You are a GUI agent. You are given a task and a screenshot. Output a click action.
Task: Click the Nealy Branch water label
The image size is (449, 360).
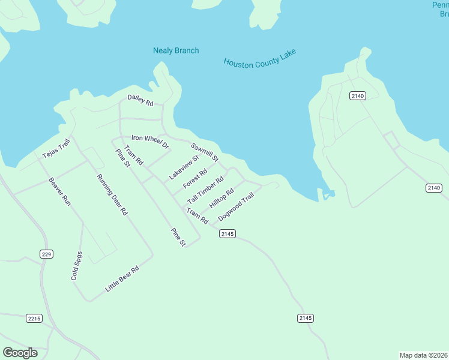coord(176,50)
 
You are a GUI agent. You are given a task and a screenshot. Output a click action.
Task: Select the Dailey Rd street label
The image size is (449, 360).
coord(140,100)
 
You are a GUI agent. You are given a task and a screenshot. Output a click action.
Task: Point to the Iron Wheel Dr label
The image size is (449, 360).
coord(151,142)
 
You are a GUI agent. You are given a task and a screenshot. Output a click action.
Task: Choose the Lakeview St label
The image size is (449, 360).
coord(184,167)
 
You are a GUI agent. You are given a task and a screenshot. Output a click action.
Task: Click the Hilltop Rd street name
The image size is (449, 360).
coord(221,199)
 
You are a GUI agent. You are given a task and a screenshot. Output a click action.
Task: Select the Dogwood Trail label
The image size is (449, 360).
coord(240,206)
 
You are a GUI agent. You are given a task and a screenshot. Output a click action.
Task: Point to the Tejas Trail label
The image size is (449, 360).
coord(56,149)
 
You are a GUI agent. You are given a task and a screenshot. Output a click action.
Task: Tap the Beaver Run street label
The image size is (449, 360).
coord(60,192)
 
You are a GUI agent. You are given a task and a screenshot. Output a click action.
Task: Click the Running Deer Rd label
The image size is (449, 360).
coord(112,195)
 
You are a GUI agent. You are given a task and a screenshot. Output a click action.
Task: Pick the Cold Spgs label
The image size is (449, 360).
coord(76,266)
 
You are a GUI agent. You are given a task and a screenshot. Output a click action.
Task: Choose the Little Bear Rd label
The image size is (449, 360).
coord(122,279)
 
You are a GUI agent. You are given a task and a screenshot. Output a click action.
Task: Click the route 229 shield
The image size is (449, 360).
coord(46,254)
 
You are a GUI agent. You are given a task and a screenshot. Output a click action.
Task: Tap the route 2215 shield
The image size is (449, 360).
coord(34,318)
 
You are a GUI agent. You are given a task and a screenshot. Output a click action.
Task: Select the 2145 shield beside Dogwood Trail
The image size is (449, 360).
coord(227,233)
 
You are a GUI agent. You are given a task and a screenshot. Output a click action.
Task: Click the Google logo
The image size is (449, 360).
coord(20,353)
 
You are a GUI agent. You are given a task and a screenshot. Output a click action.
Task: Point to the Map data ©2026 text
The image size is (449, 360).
coord(423,355)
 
